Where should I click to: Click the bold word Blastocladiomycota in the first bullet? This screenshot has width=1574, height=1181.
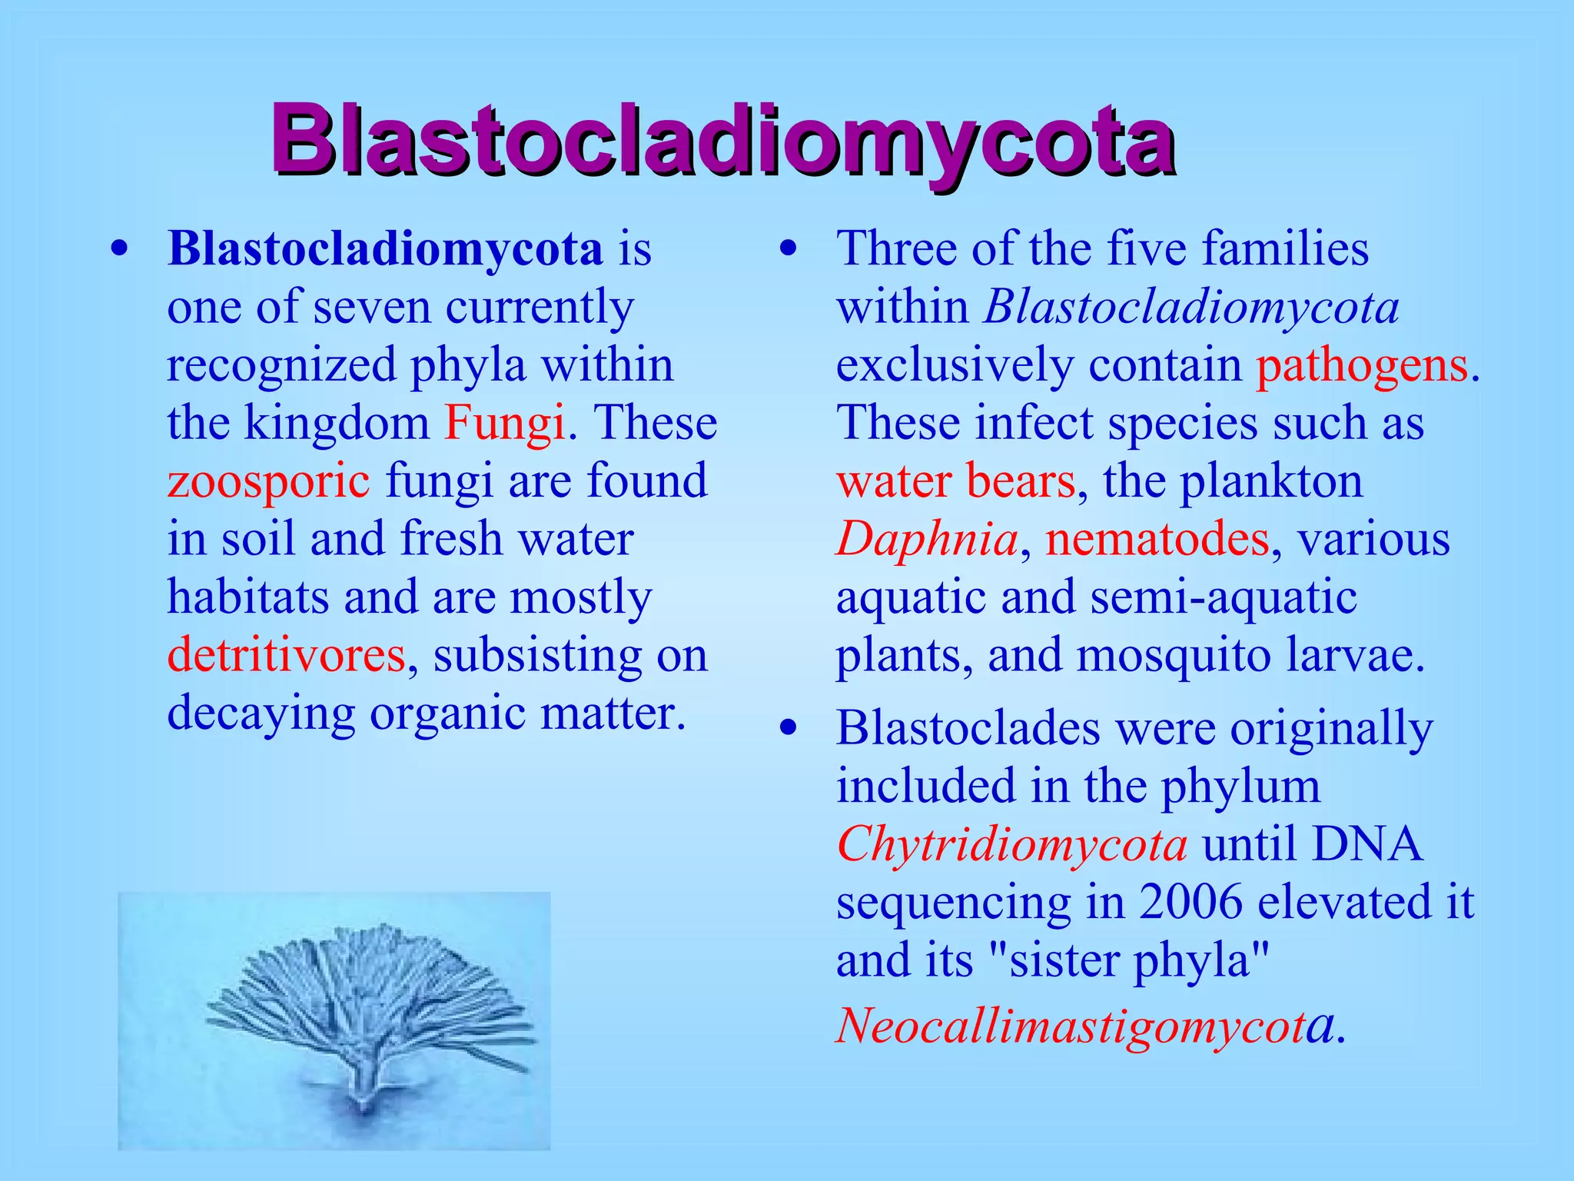pos(385,250)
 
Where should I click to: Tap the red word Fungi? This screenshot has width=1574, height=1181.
pos(505,423)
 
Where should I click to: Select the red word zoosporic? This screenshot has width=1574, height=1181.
pos(268,481)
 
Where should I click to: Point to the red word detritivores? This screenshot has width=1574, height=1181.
pos(286,655)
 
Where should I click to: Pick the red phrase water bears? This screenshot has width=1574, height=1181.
pos(956,481)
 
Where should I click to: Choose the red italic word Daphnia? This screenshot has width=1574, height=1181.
pos(927,539)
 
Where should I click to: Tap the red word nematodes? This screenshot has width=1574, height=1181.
pos(1157,539)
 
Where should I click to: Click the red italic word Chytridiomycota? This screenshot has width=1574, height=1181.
pos(1011,844)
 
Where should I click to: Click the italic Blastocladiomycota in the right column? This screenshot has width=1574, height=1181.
pos(1191,308)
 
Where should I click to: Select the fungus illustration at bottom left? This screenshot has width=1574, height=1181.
pos(334,1020)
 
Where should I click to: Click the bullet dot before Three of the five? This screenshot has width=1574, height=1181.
pos(787,250)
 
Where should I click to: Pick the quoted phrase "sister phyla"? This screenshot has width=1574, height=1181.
pos(1127,960)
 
